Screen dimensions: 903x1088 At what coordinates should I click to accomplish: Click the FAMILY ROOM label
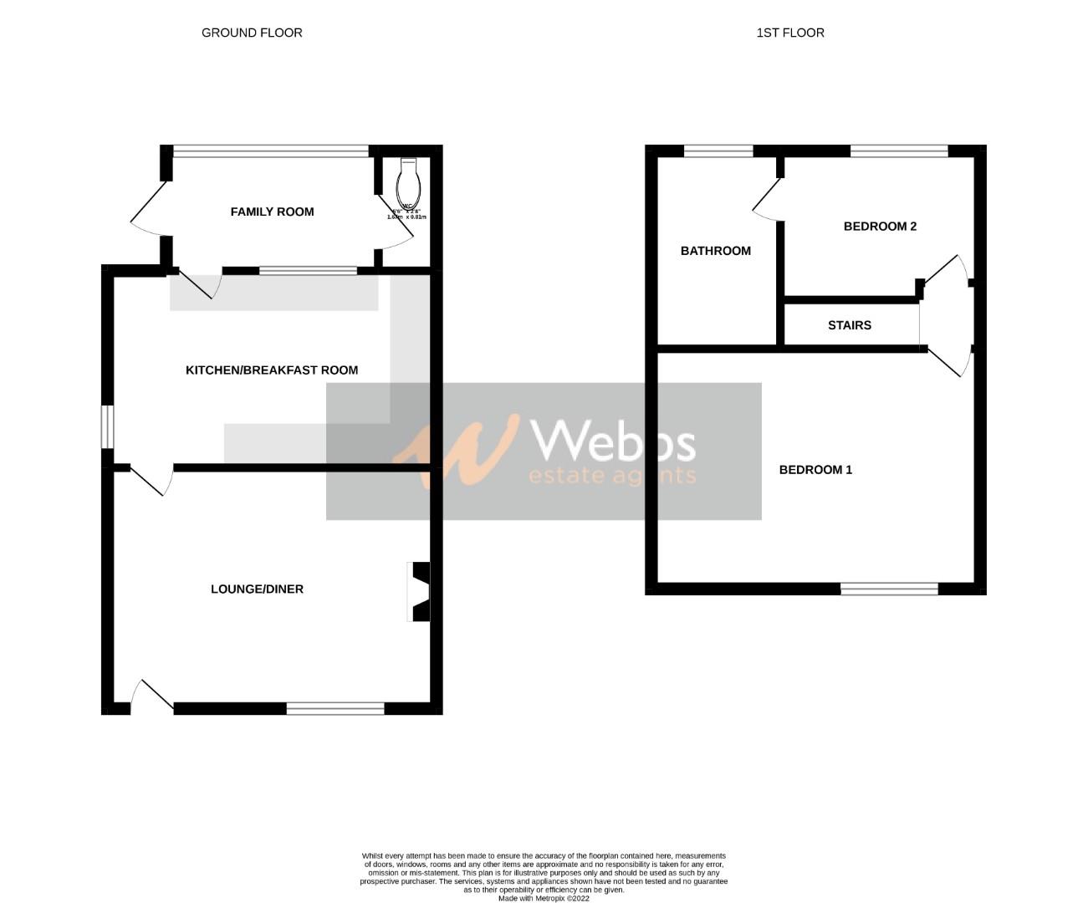[x=272, y=212]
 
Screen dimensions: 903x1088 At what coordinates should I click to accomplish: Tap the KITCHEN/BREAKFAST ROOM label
[x=272, y=370]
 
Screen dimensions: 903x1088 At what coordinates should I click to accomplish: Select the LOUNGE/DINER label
[x=257, y=589]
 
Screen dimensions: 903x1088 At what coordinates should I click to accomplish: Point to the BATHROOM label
[x=715, y=251]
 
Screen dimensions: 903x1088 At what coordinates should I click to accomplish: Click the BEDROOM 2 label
[x=880, y=227]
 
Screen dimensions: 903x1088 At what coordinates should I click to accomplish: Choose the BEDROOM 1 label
[x=815, y=470]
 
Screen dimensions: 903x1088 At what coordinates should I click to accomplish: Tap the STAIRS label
[x=849, y=325]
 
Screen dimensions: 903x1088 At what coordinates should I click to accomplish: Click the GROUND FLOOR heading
[x=252, y=33]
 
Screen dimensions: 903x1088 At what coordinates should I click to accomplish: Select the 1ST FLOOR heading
[x=790, y=33]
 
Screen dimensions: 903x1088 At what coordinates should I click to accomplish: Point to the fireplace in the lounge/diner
[x=419, y=592]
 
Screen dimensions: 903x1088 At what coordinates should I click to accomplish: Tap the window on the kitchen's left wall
[x=108, y=426]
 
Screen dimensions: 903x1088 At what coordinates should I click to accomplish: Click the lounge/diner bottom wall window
[x=335, y=709]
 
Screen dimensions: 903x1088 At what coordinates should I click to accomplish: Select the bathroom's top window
[x=718, y=151]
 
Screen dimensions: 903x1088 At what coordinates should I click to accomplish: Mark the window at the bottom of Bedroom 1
[x=889, y=589]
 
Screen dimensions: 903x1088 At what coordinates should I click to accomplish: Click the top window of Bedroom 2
[x=899, y=151]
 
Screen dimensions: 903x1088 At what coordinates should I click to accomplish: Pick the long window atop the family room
[x=270, y=151]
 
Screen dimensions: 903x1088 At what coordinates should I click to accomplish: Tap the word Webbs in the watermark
[x=613, y=441]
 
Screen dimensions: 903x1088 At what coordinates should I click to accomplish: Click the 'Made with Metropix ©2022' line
[x=544, y=899]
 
